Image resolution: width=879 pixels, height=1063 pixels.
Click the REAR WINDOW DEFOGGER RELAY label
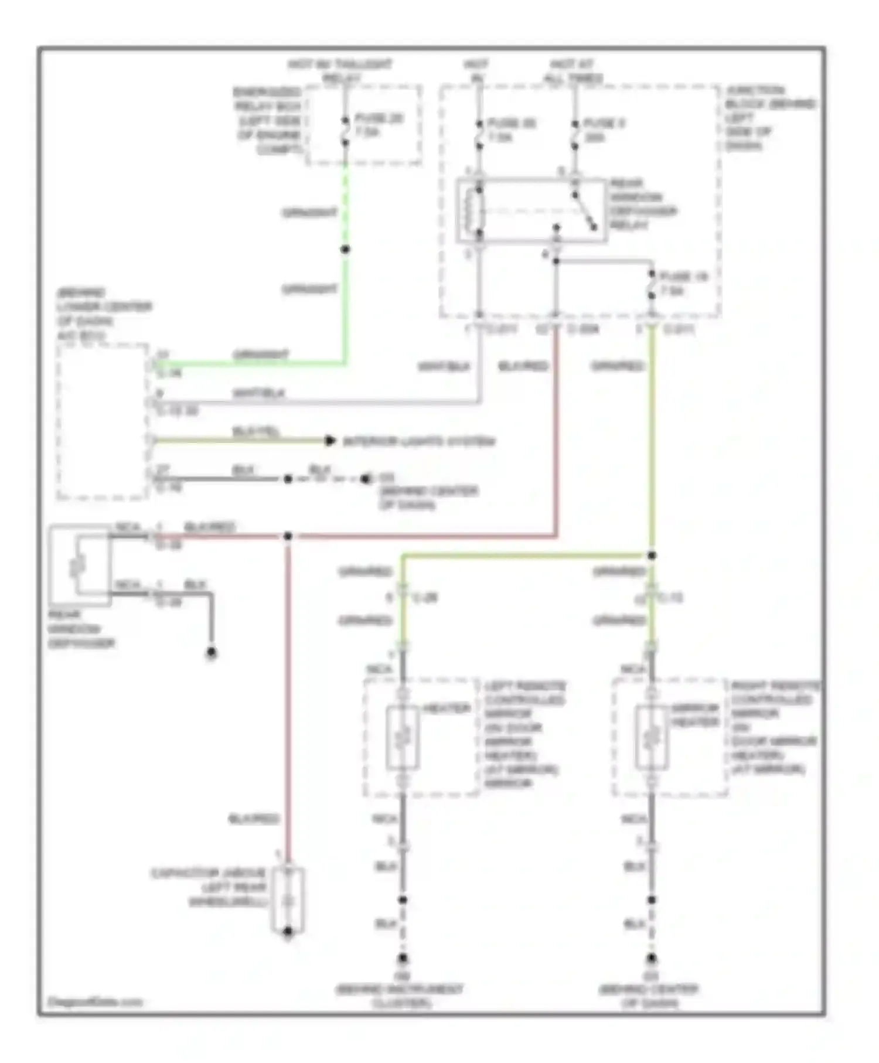click(x=642, y=204)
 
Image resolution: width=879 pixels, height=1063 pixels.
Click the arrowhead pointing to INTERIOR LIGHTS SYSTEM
click(x=331, y=441)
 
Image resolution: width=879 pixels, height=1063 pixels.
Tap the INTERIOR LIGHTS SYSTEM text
click(x=418, y=441)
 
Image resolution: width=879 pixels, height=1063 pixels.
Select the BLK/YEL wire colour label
click(x=255, y=432)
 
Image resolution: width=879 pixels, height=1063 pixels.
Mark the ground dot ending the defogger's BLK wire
click(x=212, y=652)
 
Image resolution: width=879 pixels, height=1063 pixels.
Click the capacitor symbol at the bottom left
click(x=288, y=901)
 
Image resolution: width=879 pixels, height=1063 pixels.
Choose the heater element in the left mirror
click(x=403, y=738)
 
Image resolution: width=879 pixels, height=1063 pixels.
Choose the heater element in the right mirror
click(x=652, y=738)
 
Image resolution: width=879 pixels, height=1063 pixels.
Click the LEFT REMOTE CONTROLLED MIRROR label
click(x=524, y=734)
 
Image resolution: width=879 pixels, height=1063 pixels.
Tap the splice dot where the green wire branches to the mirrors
click(x=652, y=556)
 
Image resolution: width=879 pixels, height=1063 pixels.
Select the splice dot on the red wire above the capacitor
click(x=288, y=536)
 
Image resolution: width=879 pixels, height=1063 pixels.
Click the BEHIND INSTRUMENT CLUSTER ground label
click(x=400, y=996)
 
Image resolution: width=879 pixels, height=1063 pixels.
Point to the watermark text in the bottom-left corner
click(x=95, y=1002)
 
